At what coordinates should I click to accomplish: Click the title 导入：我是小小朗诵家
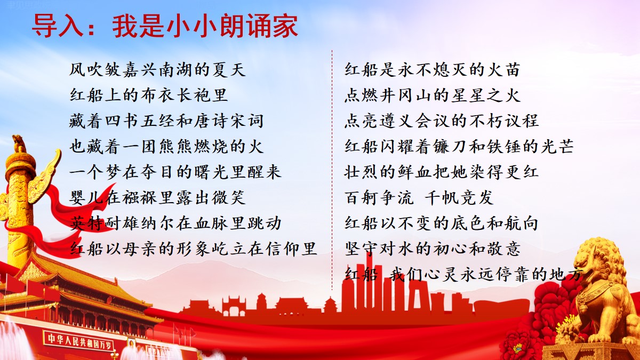[165, 26]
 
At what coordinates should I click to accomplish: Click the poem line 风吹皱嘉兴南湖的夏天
[157, 70]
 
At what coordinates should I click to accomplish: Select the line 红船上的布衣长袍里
[149, 95]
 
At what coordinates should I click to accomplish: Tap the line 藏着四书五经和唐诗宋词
[166, 121]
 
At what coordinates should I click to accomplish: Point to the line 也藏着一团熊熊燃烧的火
[166, 146]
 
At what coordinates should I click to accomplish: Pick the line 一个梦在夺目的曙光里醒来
[175, 172]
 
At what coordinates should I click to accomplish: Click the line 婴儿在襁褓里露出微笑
[157, 197]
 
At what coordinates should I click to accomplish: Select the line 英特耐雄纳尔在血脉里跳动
[175, 223]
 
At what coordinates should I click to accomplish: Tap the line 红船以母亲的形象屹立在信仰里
[193, 249]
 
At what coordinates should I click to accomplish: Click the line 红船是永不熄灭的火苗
[433, 70]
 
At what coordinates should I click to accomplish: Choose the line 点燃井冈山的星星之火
[433, 95]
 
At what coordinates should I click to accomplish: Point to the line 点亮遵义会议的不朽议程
[442, 121]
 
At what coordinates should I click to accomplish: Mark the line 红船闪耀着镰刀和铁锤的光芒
[459, 146]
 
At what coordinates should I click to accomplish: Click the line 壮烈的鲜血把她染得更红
[442, 172]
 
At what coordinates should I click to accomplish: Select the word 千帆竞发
[459, 197]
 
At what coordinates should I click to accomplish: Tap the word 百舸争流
[379, 197]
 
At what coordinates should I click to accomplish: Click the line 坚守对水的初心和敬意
[433, 249]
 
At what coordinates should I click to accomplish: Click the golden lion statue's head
[595, 263]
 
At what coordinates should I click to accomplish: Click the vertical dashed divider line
[332, 170]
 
